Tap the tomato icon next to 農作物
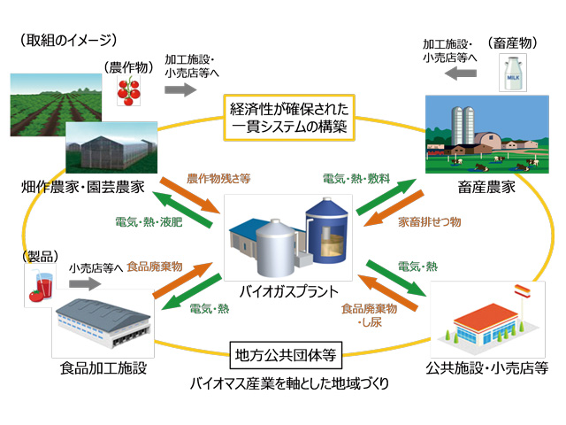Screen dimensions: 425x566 click(x=133, y=89)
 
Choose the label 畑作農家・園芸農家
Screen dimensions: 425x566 click(x=86, y=188)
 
